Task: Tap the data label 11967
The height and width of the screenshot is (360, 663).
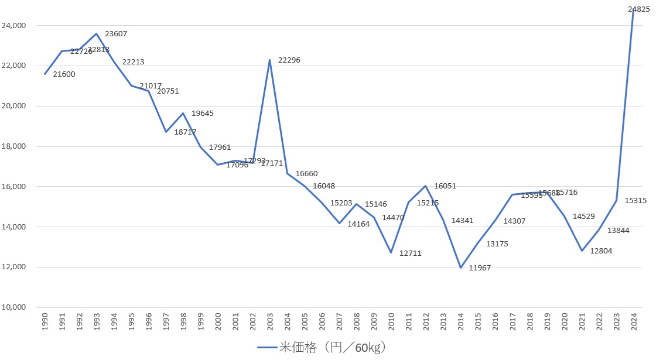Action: (480, 268)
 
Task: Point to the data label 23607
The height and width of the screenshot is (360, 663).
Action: (115, 34)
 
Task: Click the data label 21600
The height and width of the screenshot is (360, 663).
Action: (64, 74)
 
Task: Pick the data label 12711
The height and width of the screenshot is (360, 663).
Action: (410, 253)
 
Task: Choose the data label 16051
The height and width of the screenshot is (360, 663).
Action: (445, 186)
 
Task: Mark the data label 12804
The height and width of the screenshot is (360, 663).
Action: (601, 251)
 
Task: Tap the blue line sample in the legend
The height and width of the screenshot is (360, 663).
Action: (268, 348)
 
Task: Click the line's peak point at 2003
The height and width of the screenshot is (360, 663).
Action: (270, 60)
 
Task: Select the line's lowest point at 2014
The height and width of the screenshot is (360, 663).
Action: (460, 268)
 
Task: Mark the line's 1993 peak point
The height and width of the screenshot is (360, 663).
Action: (97, 33)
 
